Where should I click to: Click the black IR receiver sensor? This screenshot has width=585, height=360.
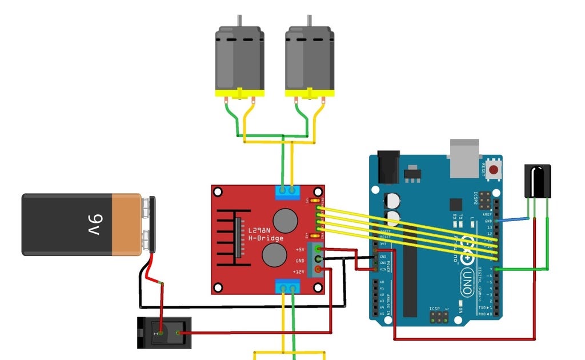[538, 181]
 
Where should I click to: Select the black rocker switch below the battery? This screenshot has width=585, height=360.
[162, 333]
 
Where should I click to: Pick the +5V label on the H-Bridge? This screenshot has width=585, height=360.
[299, 250]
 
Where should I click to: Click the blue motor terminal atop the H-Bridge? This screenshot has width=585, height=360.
[288, 193]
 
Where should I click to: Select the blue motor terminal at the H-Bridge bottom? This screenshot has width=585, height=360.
[288, 287]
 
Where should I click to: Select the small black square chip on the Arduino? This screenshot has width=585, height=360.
[455, 205]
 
